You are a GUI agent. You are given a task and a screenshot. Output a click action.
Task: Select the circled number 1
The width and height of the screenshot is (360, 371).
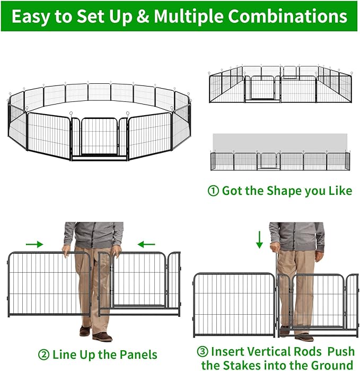(x=213, y=191)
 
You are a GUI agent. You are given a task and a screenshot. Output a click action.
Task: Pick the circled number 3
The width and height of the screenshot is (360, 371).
(x=202, y=351)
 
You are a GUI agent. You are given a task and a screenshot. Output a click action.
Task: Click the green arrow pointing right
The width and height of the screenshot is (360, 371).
(x=34, y=245)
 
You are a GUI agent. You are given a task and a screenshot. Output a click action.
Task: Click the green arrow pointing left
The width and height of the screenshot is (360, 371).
(x=146, y=245)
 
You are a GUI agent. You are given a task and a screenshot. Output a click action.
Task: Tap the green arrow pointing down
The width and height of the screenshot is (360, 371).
(x=259, y=239)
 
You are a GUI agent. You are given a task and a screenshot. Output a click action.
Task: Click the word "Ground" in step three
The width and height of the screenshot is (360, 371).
(x=330, y=365)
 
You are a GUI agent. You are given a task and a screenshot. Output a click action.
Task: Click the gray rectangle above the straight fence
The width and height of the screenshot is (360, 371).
(x=279, y=142)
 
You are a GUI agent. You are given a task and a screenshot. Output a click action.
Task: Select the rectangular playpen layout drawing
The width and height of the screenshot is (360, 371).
(x=279, y=85)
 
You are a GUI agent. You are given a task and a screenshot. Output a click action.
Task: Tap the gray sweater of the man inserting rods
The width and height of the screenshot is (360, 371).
(x=296, y=236)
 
